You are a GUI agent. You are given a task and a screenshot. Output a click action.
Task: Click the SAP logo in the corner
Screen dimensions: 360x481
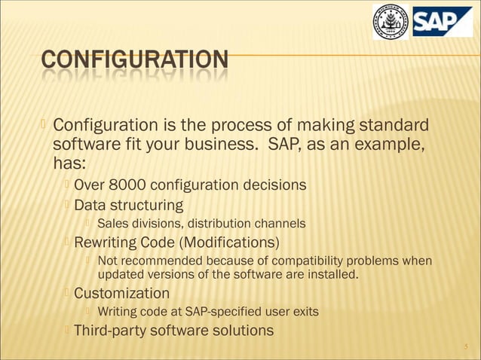(442, 21)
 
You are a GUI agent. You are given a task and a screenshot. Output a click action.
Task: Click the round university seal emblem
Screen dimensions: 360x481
(391, 21)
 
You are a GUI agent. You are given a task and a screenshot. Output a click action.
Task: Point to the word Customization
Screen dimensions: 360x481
(121, 293)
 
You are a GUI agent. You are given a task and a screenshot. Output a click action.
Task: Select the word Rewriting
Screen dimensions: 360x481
(106, 243)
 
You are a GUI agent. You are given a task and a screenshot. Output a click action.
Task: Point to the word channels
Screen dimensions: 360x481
(280, 223)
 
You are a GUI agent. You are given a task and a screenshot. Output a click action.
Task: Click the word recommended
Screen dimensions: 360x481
(161, 261)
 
